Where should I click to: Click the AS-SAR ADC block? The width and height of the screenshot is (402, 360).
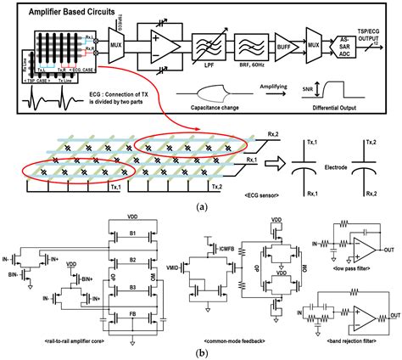coord(343,43)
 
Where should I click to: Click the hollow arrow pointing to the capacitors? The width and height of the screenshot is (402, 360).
coord(271,160)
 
